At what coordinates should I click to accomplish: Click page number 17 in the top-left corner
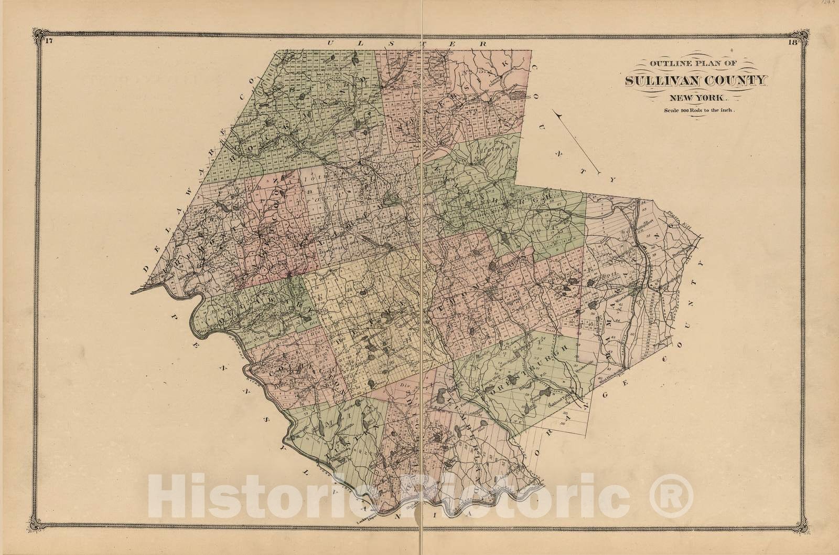(x=48, y=43)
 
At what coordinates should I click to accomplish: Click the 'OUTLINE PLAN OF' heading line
(x=693, y=64)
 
